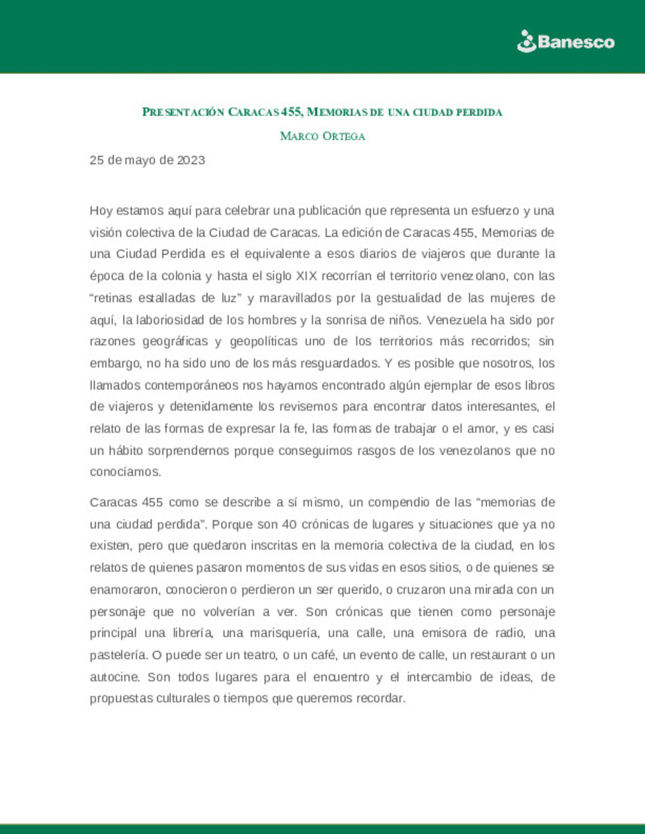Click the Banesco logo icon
527,42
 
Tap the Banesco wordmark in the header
576,42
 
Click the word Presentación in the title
183,112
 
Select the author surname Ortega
343,136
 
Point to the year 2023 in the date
191,160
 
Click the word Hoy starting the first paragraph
101,211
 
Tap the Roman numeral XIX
307,276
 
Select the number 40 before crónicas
289,524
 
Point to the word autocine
115,677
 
